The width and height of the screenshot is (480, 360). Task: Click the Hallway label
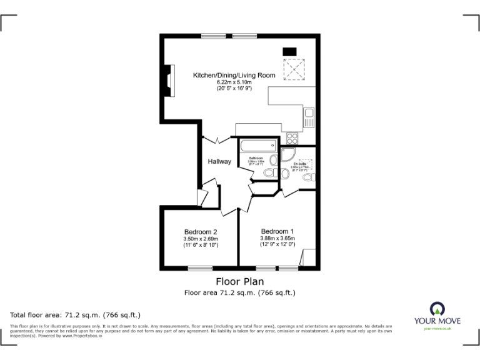tap(219, 162)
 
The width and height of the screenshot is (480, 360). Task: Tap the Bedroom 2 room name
tap(201, 231)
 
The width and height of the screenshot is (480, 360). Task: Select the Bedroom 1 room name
tap(277, 231)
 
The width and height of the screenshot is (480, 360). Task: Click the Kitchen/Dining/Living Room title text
tap(234, 76)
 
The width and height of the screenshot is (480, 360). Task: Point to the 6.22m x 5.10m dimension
tap(234, 82)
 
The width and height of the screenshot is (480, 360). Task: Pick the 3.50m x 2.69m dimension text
tap(201, 238)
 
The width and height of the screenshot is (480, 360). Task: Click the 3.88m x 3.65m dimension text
tap(277, 238)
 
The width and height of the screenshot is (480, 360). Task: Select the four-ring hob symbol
tap(292, 139)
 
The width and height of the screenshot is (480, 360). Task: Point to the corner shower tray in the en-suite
tap(289, 154)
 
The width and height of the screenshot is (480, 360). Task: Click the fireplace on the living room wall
tap(167, 81)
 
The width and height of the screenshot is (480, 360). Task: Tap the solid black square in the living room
tap(289, 51)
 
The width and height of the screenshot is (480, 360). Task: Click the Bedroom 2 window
tap(201, 269)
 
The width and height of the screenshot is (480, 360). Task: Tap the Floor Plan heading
tap(239, 282)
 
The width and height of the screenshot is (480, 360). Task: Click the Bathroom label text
tap(256, 158)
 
